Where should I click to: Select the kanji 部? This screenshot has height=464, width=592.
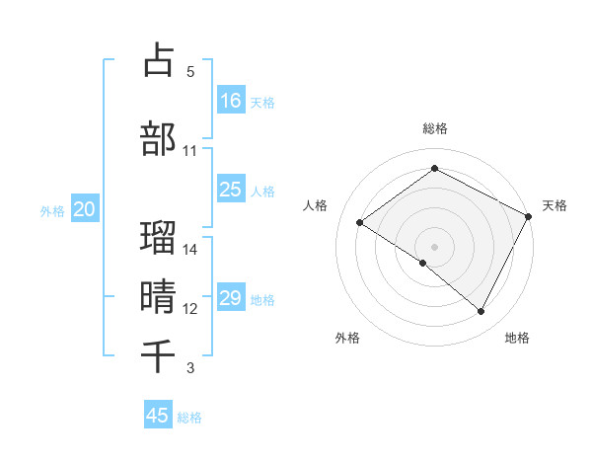point(158,138)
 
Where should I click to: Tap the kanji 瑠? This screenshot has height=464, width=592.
point(158,238)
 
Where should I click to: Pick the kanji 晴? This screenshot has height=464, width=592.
point(158,295)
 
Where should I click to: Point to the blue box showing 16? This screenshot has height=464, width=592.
point(231,100)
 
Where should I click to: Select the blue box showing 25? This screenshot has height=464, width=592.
point(231,190)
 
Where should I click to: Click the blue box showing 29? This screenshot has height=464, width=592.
point(231,298)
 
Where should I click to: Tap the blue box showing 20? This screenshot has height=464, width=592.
point(85,209)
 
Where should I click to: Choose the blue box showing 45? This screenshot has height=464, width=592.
point(158,416)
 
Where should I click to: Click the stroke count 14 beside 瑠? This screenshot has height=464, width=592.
point(190,250)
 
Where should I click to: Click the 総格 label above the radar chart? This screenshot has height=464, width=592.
point(434,128)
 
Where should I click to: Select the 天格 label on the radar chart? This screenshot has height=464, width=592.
point(555,205)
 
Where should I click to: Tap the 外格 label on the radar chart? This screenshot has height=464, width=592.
point(347,339)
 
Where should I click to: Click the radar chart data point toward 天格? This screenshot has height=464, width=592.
point(529,216)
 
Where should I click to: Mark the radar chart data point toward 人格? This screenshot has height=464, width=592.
point(360,222)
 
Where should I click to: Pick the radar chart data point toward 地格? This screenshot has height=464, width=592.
point(481,312)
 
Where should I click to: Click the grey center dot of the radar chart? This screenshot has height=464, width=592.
point(434,246)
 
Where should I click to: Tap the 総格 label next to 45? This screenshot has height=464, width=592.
point(189,418)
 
